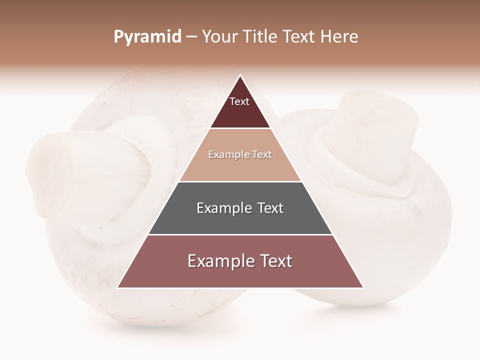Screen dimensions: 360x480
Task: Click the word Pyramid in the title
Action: [147, 37]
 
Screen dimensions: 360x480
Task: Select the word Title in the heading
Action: [260, 36]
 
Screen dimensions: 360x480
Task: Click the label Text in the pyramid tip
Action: [239, 101]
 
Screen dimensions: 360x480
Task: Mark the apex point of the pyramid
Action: [240, 75]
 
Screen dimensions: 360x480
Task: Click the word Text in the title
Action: [299, 36]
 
